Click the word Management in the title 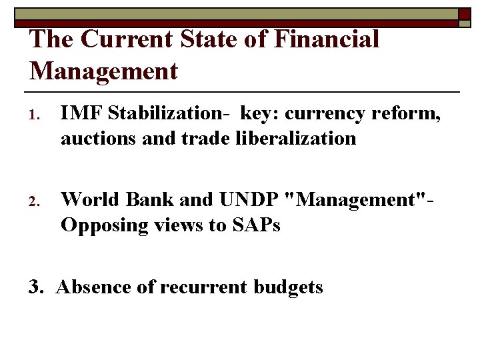pos(104,71)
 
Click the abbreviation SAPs pos(256,225)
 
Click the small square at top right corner pos(465,14)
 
